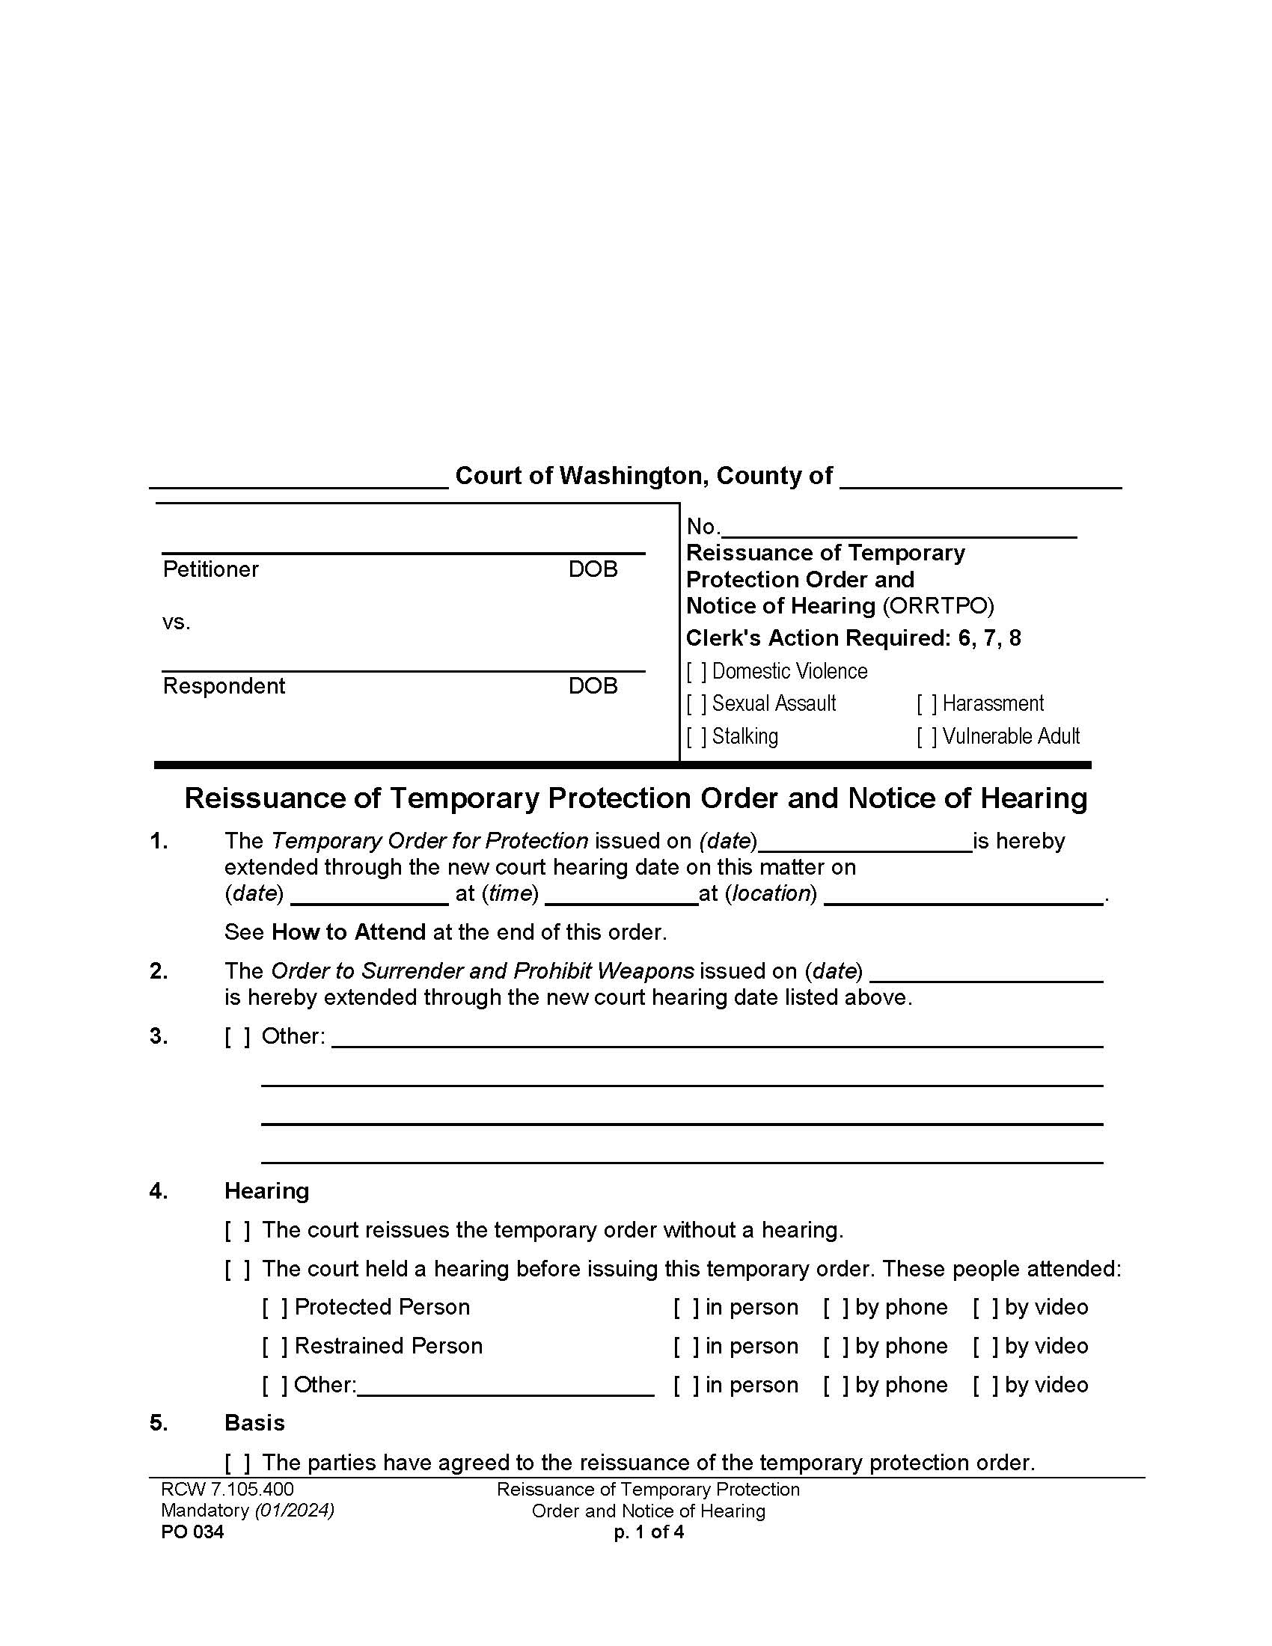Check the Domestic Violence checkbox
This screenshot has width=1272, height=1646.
[x=697, y=672]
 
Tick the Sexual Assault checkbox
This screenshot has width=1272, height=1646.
[x=697, y=704]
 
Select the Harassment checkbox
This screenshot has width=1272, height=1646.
[x=927, y=704]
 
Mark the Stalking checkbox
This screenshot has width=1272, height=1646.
[x=697, y=736]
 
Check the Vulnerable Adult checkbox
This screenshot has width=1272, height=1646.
[x=927, y=736]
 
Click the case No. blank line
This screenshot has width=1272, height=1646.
[x=898, y=527]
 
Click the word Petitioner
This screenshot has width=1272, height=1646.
[x=210, y=569]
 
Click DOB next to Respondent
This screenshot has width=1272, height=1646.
[x=593, y=686]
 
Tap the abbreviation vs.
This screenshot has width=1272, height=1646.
[x=177, y=622]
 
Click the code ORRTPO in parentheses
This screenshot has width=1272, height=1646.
[x=939, y=606]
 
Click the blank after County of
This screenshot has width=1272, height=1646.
[x=979, y=478]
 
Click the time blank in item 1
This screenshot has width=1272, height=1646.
[x=622, y=895]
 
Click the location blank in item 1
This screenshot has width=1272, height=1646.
[x=963, y=895]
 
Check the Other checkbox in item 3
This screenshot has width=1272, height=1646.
[x=237, y=1036]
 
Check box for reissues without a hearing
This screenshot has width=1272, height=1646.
[x=237, y=1231]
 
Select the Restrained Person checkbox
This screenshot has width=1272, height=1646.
[x=275, y=1347]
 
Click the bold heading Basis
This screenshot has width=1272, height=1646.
[x=254, y=1423]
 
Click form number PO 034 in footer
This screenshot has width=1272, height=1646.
[x=192, y=1532]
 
